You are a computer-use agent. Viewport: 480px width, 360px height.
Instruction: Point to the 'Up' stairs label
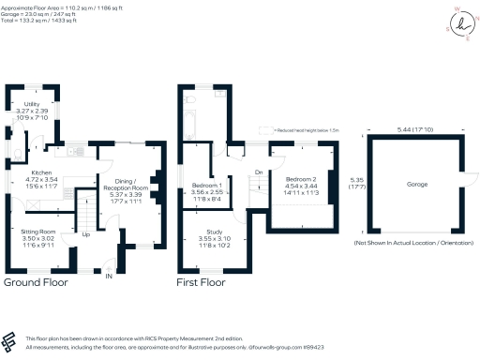[86, 234]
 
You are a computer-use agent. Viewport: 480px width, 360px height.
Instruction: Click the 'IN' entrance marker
[109, 277]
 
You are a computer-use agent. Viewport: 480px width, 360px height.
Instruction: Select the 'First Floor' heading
[201, 281]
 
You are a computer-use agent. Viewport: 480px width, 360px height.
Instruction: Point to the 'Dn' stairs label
[258, 172]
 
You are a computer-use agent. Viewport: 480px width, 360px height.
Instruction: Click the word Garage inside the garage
[416, 185]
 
